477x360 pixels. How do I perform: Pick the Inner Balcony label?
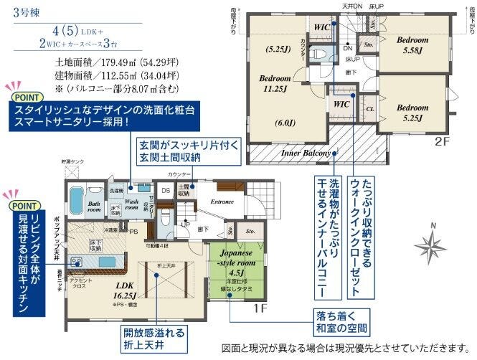[306, 153]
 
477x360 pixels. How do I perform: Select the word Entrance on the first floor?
[222, 202]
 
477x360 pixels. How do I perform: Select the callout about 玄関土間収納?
[178, 152]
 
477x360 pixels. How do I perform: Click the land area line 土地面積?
[108, 62]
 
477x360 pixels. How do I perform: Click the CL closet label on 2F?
[370, 110]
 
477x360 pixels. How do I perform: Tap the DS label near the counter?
[164, 190]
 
